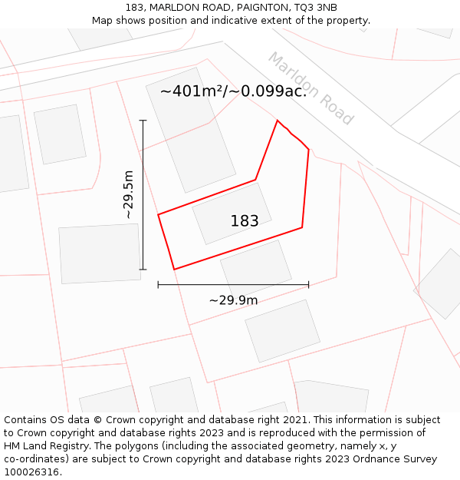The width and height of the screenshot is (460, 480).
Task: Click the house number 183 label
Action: coord(245,221)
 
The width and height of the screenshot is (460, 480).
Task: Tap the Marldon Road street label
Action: coord(310,89)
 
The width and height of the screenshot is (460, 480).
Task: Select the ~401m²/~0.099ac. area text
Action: coord(233,91)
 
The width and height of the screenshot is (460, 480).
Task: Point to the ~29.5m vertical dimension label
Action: coord(129,195)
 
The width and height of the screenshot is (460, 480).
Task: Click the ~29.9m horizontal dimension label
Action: coord(233,300)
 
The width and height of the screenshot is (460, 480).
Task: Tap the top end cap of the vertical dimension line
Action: coord(143,121)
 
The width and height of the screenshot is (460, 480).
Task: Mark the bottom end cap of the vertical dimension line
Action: coord(143,270)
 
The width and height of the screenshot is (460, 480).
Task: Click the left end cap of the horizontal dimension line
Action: coord(158,285)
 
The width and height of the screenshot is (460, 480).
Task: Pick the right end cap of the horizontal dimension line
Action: coord(309,285)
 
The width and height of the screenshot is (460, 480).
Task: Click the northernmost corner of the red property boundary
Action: coord(278,121)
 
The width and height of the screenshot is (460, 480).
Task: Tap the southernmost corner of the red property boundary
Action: coord(175,270)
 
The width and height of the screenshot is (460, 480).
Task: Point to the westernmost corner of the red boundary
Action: coord(158,214)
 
